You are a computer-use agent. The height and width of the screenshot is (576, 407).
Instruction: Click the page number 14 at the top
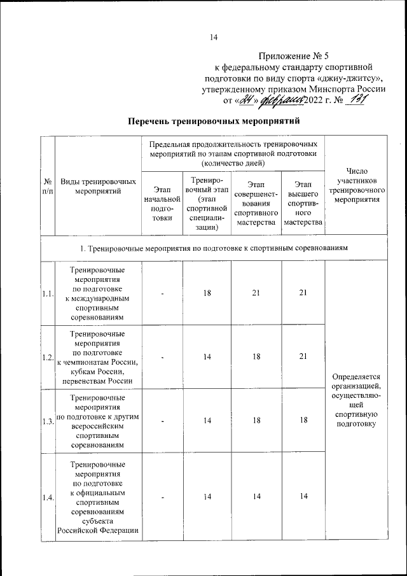(214, 38)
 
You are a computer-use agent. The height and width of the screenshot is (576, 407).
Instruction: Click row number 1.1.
(47, 293)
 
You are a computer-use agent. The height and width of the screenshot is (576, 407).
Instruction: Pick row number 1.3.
(47, 421)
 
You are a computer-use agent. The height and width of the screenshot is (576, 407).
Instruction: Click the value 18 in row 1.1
(207, 293)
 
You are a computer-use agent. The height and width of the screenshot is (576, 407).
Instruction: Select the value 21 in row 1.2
(303, 357)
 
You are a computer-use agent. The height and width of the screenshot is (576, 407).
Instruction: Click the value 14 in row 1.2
(207, 357)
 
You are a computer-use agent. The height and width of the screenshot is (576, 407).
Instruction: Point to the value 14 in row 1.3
(207, 421)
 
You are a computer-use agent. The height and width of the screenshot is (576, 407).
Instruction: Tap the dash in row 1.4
(162, 498)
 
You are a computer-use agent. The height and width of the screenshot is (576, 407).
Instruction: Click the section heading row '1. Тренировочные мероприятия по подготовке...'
(213, 247)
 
